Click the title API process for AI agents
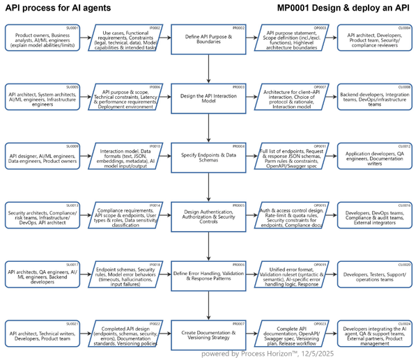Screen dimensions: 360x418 pyautogui.click(x=57, y=8)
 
